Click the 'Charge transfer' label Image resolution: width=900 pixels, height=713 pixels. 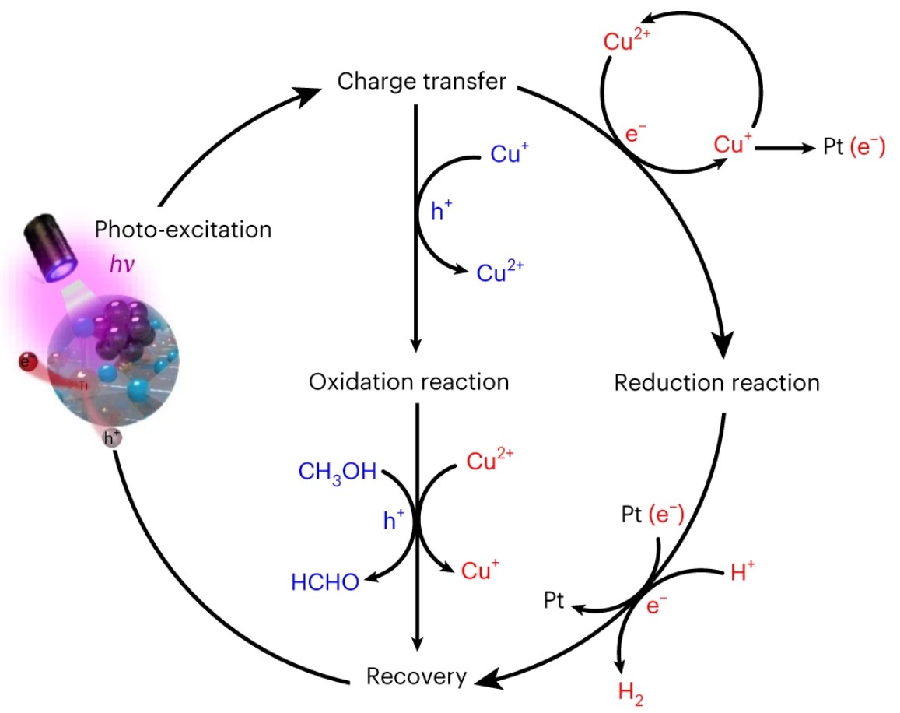[422, 82]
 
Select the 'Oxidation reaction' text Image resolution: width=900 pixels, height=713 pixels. [408, 382]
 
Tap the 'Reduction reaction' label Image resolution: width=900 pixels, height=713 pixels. [716, 383]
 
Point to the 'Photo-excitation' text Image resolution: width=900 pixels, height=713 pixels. [183, 230]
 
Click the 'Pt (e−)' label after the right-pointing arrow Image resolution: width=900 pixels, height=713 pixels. [853, 147]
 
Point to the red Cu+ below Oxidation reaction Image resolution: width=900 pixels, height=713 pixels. [480, 571]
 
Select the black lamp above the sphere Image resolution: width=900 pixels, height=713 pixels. [50, 246]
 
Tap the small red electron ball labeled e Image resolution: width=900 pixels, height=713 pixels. [28, 363]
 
